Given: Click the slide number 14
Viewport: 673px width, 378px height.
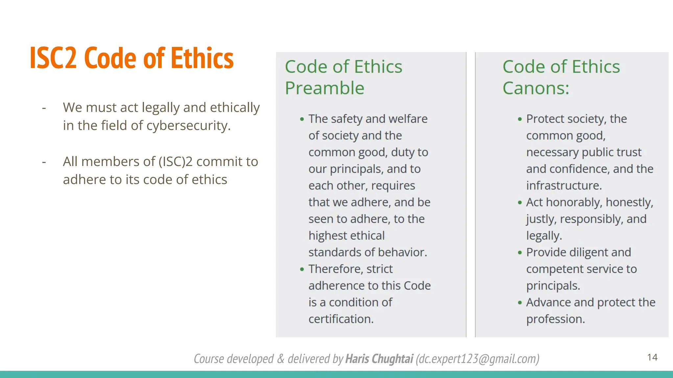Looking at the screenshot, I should tap(652, 357).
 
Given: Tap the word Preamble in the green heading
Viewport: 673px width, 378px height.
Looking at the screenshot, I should tap(325, 88).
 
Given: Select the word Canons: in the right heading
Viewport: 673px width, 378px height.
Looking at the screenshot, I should tap(536, 88).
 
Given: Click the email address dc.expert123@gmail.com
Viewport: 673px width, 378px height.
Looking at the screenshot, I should tap(477, 359).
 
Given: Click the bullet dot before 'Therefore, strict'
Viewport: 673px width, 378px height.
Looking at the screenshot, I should tap(302, 269).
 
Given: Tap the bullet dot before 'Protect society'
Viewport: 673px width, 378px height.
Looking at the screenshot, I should tap(520, 119).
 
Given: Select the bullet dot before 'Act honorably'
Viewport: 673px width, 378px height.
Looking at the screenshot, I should tap(520, 202).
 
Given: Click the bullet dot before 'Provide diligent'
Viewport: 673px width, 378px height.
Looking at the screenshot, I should tap(520, 253).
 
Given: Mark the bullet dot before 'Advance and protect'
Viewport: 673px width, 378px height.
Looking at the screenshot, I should tap(520, 303).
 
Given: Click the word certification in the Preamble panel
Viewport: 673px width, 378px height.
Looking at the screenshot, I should tap(340, 319).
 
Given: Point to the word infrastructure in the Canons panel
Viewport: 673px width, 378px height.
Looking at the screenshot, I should tap(563, 186).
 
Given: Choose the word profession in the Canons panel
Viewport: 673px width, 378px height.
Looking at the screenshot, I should tap(555, 319).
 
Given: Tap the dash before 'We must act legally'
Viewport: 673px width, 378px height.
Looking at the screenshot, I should tap(44, 108).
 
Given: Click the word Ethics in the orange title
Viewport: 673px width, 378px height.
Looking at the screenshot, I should tap(202, 58).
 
